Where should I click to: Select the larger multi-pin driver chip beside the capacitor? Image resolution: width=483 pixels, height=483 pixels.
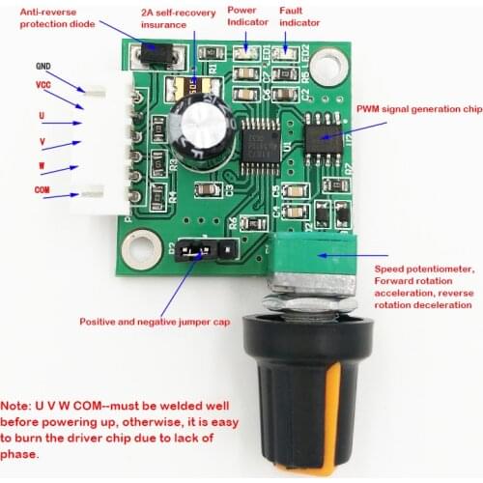coord(259,138)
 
